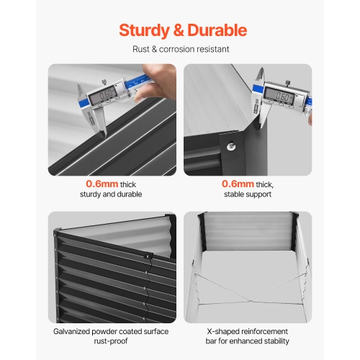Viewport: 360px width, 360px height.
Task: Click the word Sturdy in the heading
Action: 144,31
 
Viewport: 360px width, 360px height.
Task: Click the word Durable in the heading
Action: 217,30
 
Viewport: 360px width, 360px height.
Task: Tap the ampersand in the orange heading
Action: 179,30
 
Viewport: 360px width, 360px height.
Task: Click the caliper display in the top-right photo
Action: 279,96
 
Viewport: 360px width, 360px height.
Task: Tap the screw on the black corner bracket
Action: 232,146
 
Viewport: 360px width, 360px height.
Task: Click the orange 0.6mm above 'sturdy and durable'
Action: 102,184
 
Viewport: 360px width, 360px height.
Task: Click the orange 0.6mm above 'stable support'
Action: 238,184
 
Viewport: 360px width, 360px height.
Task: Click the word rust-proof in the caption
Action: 111,341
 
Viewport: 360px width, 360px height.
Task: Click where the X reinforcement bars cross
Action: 250,301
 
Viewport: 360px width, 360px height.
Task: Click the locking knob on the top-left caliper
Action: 104,82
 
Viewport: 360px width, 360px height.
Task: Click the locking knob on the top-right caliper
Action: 288,83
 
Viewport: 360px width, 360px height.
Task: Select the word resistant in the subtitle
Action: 215,49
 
